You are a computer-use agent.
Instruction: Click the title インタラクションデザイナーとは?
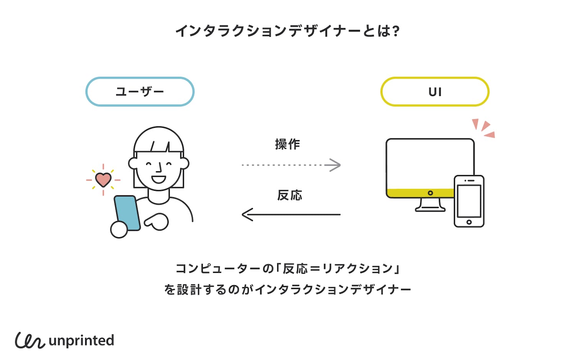point(287,31)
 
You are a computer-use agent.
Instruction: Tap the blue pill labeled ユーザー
point(140,92)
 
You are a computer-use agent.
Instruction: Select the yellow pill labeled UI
point(435,92)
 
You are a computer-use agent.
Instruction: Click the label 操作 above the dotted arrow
point(287,144)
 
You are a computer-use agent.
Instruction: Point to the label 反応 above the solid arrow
point(289,195)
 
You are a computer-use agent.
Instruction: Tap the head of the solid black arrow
point(247,215)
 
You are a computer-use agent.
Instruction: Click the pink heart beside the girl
point(103,179)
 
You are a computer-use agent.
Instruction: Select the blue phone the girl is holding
point(127,213)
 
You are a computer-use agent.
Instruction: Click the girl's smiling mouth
point(158,179)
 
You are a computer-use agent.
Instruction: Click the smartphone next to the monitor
point(469,201)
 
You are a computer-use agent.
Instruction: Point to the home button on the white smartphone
point(469,222)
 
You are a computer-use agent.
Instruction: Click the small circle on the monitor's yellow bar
point(430,193)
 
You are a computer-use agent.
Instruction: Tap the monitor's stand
point(430,205)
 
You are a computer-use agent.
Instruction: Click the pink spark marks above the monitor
point(484,128)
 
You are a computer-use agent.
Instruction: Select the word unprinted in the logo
point(81,341)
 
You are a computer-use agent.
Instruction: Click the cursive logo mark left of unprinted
point(30,340)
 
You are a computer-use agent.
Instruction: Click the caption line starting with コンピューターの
point(287,269)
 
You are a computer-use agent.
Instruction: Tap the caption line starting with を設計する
point(287,289)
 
